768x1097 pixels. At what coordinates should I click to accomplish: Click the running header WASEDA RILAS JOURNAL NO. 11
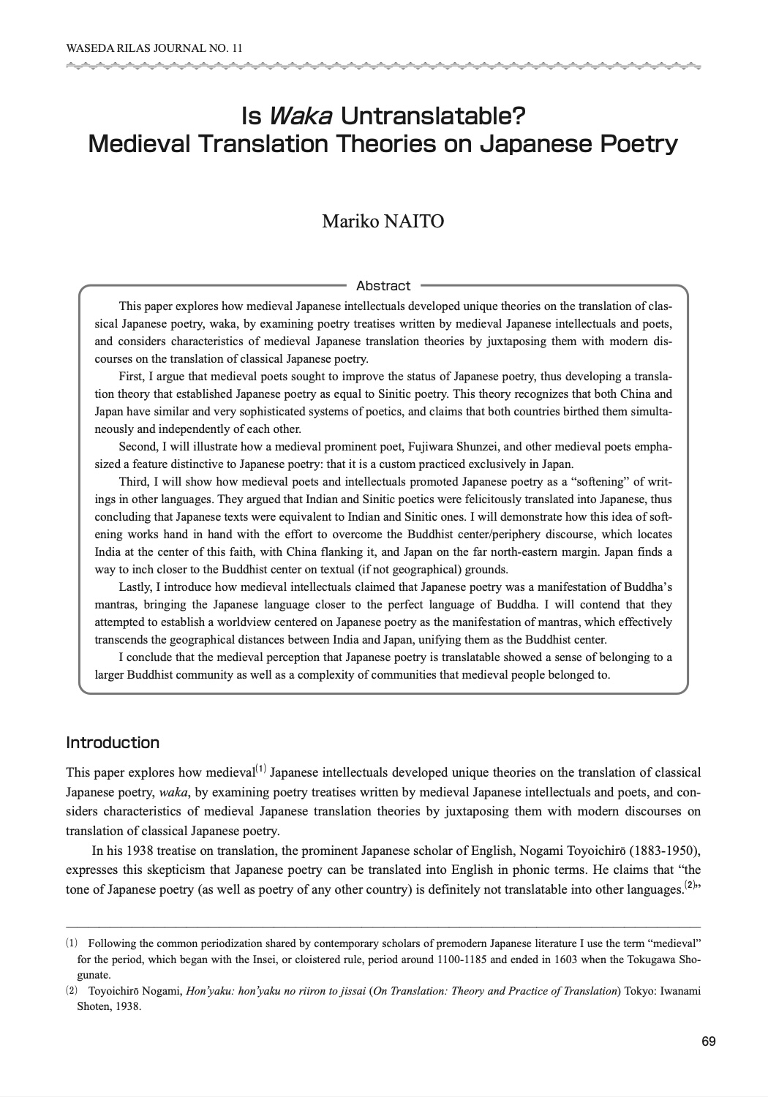coord(154,48)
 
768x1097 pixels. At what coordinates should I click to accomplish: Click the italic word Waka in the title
coord(301,116)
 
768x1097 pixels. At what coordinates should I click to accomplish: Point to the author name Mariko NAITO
coord(383,221)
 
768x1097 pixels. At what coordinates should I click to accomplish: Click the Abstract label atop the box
coord(383,285)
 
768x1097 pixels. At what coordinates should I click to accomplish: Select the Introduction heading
coord(113,743)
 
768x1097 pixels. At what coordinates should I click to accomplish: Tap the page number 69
coord(708,1041)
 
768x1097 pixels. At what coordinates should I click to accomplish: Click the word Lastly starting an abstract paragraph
coord(135,587)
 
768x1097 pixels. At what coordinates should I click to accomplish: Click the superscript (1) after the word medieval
coord(261,769)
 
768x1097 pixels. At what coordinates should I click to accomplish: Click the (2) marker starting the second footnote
coord(71,991)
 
